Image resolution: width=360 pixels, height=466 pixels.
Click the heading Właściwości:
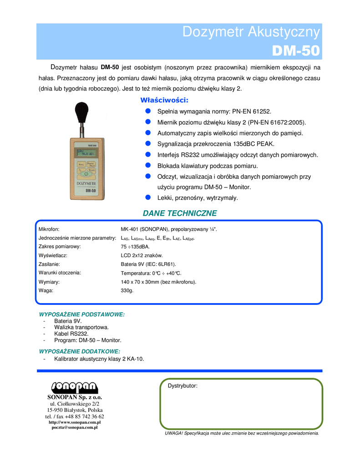[x=164, y=100]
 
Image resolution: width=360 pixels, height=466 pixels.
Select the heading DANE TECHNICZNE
[x=180, y=213]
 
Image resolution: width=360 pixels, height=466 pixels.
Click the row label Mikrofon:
[x=49, y=229]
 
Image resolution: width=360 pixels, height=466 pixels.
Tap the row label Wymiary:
[x=49, y=282]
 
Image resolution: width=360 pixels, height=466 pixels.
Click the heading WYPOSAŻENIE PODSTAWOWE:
[x=82, y=314]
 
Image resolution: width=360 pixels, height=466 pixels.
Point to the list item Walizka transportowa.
[x=81, y=327]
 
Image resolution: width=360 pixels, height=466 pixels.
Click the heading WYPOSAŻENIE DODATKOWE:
[x=80, y=351]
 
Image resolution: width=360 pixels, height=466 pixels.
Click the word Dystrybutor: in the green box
[x=183, y=386]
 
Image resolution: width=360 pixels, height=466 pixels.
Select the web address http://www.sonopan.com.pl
[x=75, y=422]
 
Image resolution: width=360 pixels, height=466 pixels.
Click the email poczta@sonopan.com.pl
[x=75, y=428]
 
